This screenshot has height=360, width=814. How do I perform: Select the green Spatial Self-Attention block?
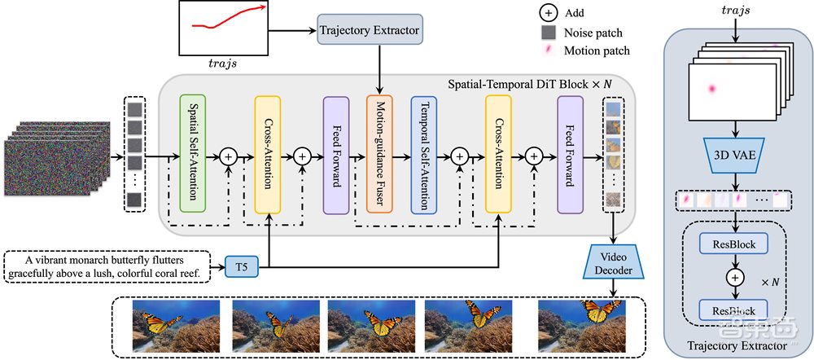[x=192, y=154]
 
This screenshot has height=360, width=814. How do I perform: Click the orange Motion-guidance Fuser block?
[x=380, y=154]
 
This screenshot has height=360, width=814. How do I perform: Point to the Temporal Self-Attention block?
[x=424, y=154]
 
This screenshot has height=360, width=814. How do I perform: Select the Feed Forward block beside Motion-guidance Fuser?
[x=335, y=154]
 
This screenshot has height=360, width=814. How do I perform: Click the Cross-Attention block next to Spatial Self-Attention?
[x=267, y=154]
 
